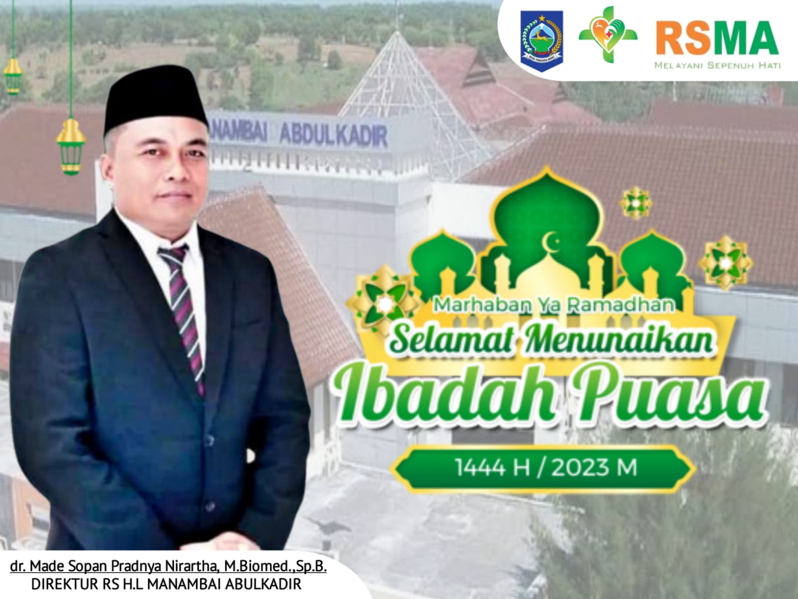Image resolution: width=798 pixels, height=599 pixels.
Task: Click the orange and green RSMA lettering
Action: (717, 38)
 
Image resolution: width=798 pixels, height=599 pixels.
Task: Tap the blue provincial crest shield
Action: (542, 41)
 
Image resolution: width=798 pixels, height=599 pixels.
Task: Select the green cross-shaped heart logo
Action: (608, 34)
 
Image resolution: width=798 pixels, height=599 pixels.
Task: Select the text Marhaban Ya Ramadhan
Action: (554, 305)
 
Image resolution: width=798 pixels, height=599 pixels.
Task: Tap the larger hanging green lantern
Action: (70, 147)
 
